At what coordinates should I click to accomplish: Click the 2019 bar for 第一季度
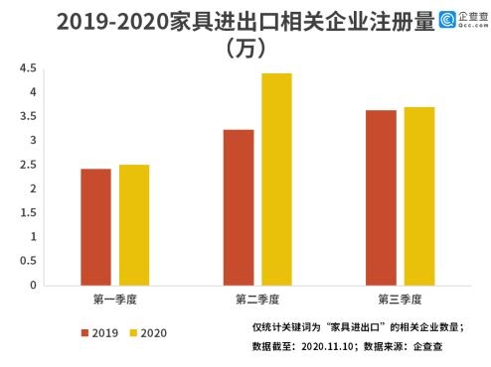pyautogui.click(x=95, y=227)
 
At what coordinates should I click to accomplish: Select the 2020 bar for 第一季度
pyautogui.click(x=133, y=225)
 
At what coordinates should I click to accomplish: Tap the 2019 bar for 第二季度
pyautogui.click(x=238, y=207)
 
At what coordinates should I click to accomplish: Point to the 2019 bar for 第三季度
pyautogui.click(x=381, y=197)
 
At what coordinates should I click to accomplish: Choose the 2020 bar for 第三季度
pyautogui.click(x=418, y=196)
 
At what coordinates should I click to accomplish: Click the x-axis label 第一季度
pyautogui.click(x=115, y=299)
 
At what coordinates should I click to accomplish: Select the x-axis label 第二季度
pyautogui.click(x=257, y=299)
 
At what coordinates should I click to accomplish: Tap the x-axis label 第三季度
pyautogui.click(x=400, y=299)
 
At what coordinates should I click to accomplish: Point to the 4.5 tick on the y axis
pyautogui.click(x=27, y=68)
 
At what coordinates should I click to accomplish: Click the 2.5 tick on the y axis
pyautogui.click(x=27, y=165)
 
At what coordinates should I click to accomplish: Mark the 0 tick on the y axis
pyautogui.click(x=33, y=286)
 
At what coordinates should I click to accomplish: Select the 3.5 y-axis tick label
pyautogui.click(x=27, y=116)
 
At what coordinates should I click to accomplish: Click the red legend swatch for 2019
pyautogui.click(x=85, y=332)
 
